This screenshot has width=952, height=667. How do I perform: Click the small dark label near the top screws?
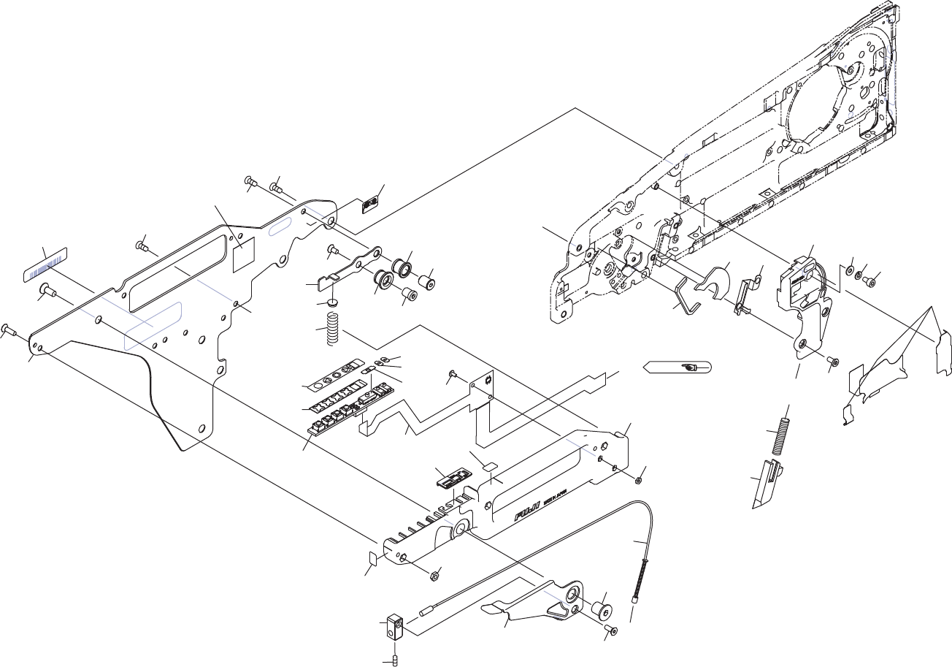(372, 203)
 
